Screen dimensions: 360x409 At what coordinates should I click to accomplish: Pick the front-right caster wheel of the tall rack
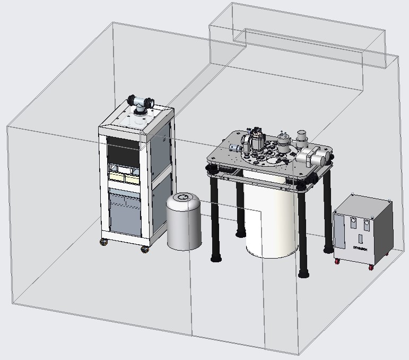(144, 249)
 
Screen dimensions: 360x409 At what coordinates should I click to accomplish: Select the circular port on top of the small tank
(183, 198)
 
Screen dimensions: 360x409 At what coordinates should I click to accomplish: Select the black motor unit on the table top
(259, 141)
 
